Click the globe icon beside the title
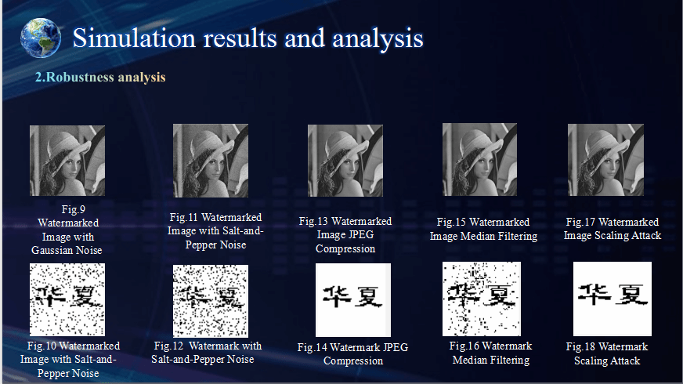pyautogui.click(x=41, y=38)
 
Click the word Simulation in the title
pyautogui.click(x=134, y=38)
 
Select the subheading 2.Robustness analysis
pyautogui.click(x=100, y=77)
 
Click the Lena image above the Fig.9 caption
pyautogui.click(x=67, y=161)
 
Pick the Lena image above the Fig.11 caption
pyautogui.click(x=211, y=161)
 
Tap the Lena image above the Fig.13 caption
pyautogui.click(x=345, y=161)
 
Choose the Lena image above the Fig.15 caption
pyautogui.click(x=479, y=160)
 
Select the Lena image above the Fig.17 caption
pyautogui.click(x=605, y=160)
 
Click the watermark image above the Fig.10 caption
pyautogui.click(x=67, y=299)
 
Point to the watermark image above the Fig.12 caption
pyautogui.click(x=211, y=301)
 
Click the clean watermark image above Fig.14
pyautogui.click(x=353, y=300)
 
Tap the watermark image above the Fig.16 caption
pyautogui.click(x=482, y=299)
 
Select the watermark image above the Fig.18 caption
pyautogui.click(x=613, y=299)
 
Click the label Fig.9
pyautogui.click(x=73, y=210)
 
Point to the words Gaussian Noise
pyautogui.click(x=67, y=250)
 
